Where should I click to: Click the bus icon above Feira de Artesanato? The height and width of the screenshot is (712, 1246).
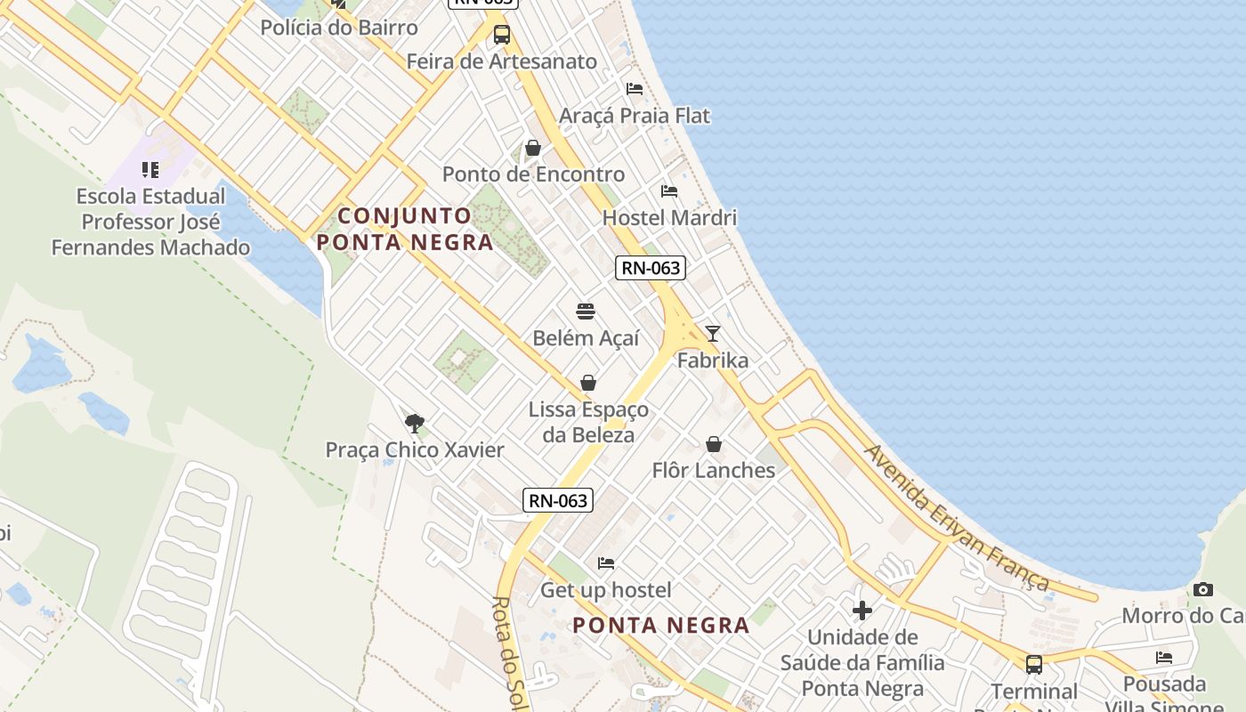pos(502,35)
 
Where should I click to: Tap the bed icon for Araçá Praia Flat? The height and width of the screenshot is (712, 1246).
pos(635,89)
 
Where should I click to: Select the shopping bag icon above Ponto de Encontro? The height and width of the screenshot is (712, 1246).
pos(533,148)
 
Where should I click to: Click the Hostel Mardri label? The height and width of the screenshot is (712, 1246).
pos(669,218)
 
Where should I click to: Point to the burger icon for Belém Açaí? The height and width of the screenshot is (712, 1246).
pos(586,311)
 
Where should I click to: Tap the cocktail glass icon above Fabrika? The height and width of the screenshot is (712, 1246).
pos(713,334)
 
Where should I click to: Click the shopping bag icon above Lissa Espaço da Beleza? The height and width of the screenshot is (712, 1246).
pos(588,383)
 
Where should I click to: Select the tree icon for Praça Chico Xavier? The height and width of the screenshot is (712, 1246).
pos(414,423)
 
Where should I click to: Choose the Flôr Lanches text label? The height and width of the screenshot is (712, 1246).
pos(713,470)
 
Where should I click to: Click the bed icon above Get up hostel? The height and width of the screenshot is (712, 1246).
pos(606,563)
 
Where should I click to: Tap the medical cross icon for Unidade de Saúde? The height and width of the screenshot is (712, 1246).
pos(862,611)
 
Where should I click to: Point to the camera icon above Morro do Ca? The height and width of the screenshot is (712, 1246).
pos(1203,589)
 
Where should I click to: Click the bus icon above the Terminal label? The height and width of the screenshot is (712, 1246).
pos(1034,664)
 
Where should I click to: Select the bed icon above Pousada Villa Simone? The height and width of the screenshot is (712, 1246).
pos(1164,658)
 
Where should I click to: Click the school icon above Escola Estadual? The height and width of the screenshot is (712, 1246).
pos(150,169)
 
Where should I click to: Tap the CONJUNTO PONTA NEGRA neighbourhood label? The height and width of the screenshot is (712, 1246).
pos(405,229)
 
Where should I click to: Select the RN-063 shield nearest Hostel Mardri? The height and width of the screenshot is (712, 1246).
pos(651,268)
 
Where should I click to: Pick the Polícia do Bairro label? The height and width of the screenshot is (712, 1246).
pos(338,28)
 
